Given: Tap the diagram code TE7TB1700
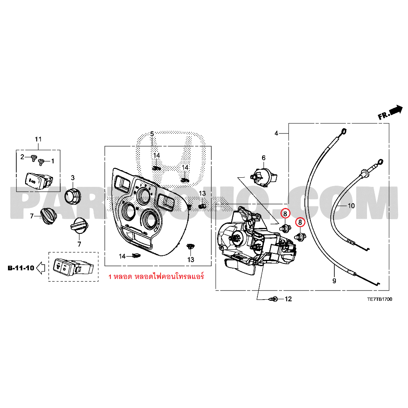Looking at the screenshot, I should click(379, 300).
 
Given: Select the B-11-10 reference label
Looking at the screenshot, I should click(21, 268).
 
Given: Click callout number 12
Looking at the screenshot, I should click(288, 299).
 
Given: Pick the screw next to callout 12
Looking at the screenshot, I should click(273, 298).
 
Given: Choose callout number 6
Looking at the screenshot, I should click(263, 158).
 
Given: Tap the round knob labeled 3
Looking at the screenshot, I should click(73, 196).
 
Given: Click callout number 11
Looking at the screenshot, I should click(38, 139).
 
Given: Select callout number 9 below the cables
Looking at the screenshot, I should click(334, 281).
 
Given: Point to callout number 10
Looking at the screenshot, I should click(351, 206).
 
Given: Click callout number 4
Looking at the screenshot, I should click(276, 133).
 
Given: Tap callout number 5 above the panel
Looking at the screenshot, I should click(152, 134).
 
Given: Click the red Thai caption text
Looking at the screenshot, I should click(156, 276).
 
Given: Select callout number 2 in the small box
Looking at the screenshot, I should click(22, 156).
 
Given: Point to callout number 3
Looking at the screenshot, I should click(73, 177).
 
